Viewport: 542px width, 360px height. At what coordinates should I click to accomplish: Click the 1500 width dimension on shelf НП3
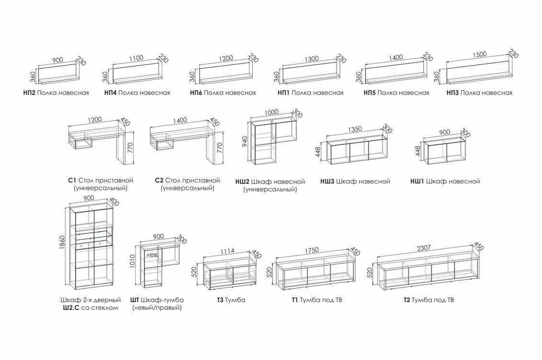tap(479, 54)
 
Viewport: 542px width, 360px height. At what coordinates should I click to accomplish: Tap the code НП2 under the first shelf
tap(29, 93)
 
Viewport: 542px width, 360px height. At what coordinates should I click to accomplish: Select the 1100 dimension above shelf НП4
tap(136, 58)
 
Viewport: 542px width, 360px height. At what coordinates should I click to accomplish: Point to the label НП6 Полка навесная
tap(223, 93)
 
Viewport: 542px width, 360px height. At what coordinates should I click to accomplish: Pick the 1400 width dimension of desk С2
tap(180, 120)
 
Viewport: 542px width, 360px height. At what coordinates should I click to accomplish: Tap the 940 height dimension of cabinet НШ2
tap(245, 142)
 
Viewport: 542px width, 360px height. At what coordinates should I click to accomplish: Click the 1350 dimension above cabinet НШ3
tap(355, 129)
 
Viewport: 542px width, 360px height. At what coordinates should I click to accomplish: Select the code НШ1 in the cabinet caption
tap(417, 181)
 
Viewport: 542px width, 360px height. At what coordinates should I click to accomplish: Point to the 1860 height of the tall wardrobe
tap(62, 244)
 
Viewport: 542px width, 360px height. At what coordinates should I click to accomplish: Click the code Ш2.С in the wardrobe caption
tap(71, 308)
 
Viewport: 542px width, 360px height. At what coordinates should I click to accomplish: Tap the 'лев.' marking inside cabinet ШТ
tap(152, 255)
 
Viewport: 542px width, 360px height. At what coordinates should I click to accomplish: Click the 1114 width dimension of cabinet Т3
tap(227, 251)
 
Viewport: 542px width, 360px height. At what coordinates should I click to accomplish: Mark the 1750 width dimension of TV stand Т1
tap(311, 250)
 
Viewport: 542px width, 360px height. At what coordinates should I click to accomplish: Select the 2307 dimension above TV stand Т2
tap(424, 247)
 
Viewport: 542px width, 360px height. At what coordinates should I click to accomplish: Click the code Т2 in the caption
tap(407, 300)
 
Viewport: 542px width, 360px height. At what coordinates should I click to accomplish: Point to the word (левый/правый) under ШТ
tap(157, 308)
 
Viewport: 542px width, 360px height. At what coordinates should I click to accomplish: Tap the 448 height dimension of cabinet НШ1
tap(418, 151)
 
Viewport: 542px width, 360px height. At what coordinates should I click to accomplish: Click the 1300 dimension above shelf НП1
tap(311, 59)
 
